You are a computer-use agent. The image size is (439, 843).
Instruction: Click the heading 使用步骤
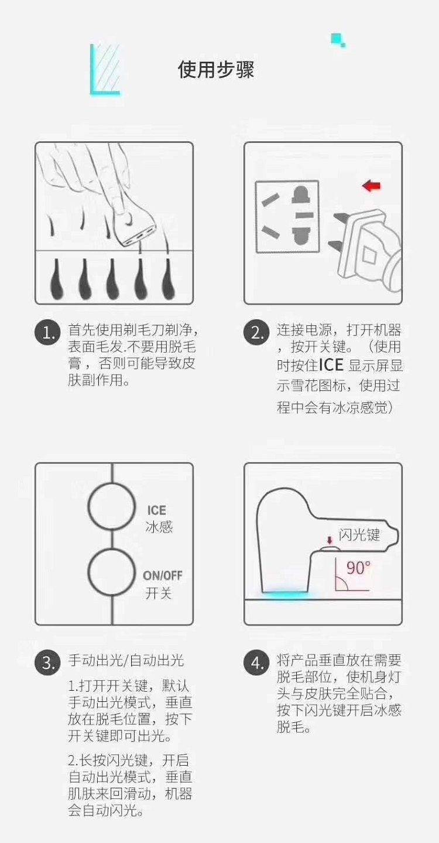tap(216, 70)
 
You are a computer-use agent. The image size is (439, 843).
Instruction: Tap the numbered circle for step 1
tap(48, 332)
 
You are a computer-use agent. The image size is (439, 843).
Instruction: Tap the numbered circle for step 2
tap(256, 332)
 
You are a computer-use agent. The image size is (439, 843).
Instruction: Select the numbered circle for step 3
tap(48, 663)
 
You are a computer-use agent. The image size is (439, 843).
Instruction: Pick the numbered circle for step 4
tap(256, 663)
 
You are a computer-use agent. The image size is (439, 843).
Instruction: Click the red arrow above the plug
tap(372, 186)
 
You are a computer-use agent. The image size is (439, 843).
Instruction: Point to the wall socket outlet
tap(287, 216)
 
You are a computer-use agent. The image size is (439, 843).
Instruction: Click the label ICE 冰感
tap(159, 519)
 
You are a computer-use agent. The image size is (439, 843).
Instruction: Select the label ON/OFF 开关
tap(162, 585)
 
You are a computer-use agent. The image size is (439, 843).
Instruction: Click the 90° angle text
tap(358, 568)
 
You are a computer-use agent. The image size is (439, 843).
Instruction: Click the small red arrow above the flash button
tap(330, 541)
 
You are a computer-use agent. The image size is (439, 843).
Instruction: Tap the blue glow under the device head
tap(285, 593)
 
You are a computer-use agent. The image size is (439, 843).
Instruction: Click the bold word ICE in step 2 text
tap(331, 365)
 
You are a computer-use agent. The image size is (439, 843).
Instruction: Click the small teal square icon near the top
tap(338, 40)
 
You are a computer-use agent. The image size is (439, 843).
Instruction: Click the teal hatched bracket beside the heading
tap(105, 70)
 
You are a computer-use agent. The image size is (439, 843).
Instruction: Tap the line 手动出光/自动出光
tap(126, 660)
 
